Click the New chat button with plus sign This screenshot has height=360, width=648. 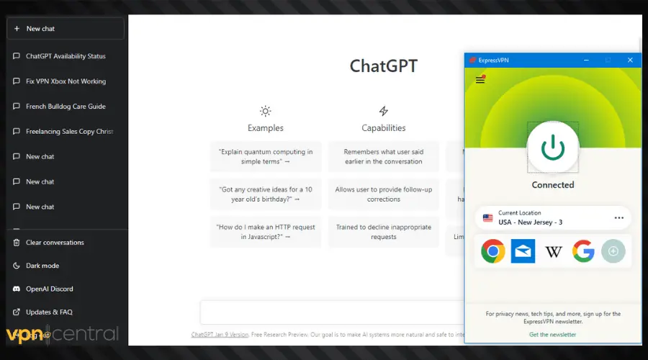[x=65, y=29]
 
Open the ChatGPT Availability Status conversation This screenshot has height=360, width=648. [x=65, y=56]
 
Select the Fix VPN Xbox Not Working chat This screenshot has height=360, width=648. [x=65, y=81]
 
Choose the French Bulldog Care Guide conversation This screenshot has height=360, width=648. [x=65, y=107]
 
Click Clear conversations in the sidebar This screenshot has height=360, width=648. [x=55, y=243]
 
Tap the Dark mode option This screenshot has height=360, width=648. [x=42, y=266]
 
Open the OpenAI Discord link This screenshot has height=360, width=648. [x=49, y=289]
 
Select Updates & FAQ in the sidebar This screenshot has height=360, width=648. [x=49, y=312]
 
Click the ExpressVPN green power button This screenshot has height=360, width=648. [x=553, y=147]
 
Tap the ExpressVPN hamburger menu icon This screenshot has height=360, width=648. [x=480, y=80]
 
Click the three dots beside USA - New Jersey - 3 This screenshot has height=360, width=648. [x=618, y=217]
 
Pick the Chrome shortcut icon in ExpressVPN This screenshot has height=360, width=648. [x=493, y=251]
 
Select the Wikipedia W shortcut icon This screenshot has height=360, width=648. [x=553, y=251]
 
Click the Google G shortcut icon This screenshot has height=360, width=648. [x=583, y=251]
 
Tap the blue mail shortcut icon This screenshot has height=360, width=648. [x=523, y=251]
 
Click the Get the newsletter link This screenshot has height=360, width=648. [x=552, y=335]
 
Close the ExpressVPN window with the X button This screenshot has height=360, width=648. [x=630, y=60]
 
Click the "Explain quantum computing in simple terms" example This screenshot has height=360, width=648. [x=266, y=156]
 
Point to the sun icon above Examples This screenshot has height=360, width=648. [x=266, y=111]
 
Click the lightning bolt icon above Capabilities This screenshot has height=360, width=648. [x=384, y=111]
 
